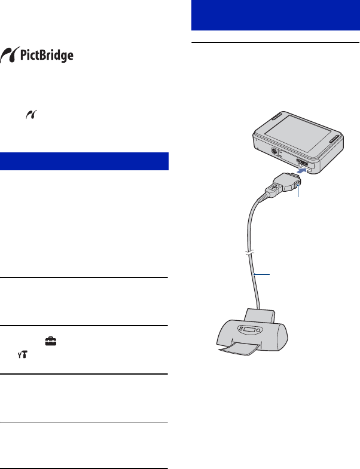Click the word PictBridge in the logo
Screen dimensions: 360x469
click(47, 56)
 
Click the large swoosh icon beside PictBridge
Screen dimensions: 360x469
click(10, 55)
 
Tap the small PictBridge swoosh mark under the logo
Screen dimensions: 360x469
click(32, 115)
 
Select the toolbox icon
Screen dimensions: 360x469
click(51, 341)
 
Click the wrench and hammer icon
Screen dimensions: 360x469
click(23, 355)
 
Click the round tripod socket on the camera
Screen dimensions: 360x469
click(274, 152)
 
